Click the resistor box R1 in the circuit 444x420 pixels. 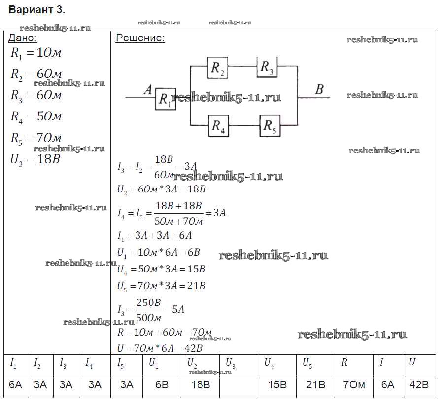165,100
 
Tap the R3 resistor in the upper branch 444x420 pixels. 267,67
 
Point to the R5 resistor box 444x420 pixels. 270,127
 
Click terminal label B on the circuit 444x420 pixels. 319,90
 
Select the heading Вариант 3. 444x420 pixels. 37,10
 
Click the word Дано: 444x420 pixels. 23,38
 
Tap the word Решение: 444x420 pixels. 140,38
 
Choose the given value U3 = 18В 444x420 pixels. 35,159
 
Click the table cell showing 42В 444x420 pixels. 419,385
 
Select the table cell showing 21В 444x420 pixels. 315,385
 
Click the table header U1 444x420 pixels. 154,363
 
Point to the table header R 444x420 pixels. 344,363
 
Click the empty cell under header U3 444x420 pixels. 239,385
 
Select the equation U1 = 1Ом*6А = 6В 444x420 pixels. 159,252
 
